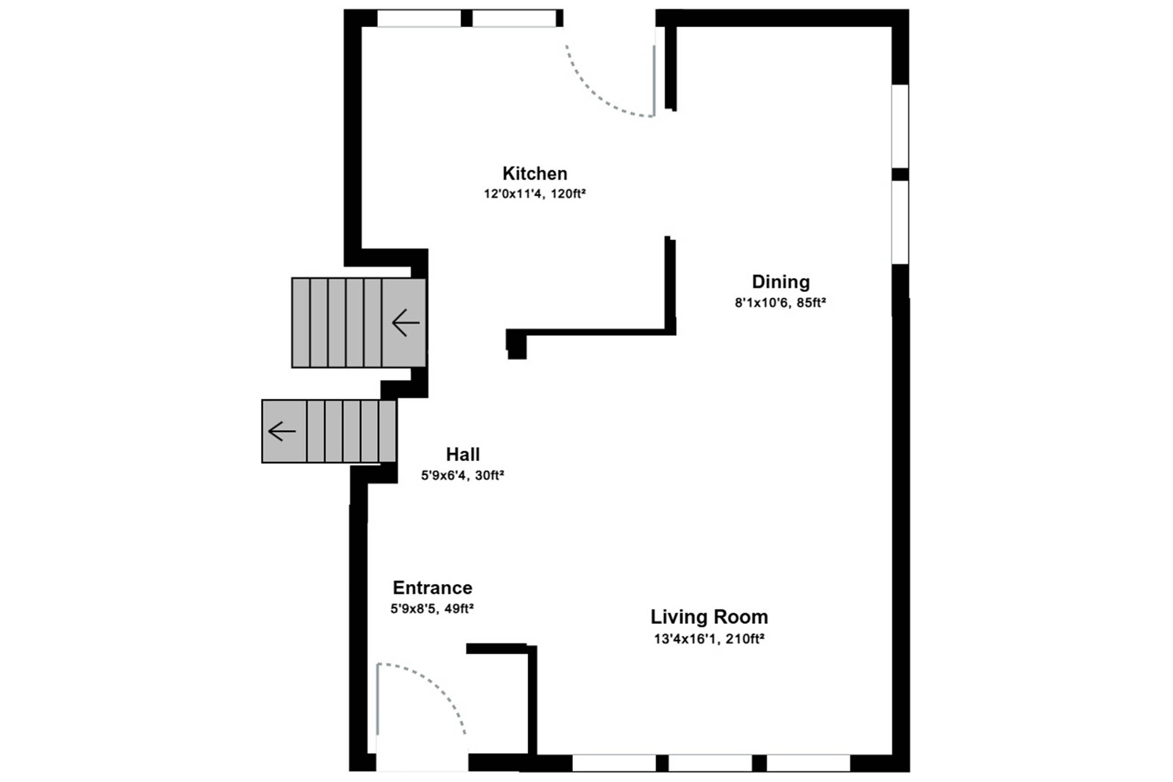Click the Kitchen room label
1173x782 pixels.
point(535,174)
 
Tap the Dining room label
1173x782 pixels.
point(780,282)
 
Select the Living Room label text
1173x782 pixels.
point(709,617)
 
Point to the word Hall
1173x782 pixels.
point(463,455)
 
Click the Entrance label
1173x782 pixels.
point(432,587)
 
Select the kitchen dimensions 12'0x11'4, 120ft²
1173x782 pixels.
point(535,194)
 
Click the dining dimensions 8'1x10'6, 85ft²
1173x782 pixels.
point(780,303)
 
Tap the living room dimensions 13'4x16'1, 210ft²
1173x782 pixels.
point(709,639)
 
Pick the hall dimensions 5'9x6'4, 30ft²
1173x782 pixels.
point(462,476)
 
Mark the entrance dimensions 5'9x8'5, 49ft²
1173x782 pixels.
point(432,609)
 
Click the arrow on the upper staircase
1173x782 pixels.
point(405,322)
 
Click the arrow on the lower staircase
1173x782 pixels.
point(281,431)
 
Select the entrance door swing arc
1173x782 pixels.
point(437,684)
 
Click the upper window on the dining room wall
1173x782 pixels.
point(900,126)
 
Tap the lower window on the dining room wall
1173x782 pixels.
point(900,222)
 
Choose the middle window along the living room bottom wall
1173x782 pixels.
point(710,763)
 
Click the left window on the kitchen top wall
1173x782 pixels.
point(419,18)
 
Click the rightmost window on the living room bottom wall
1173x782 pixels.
point(808,763)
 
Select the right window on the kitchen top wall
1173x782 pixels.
point(514,18)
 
